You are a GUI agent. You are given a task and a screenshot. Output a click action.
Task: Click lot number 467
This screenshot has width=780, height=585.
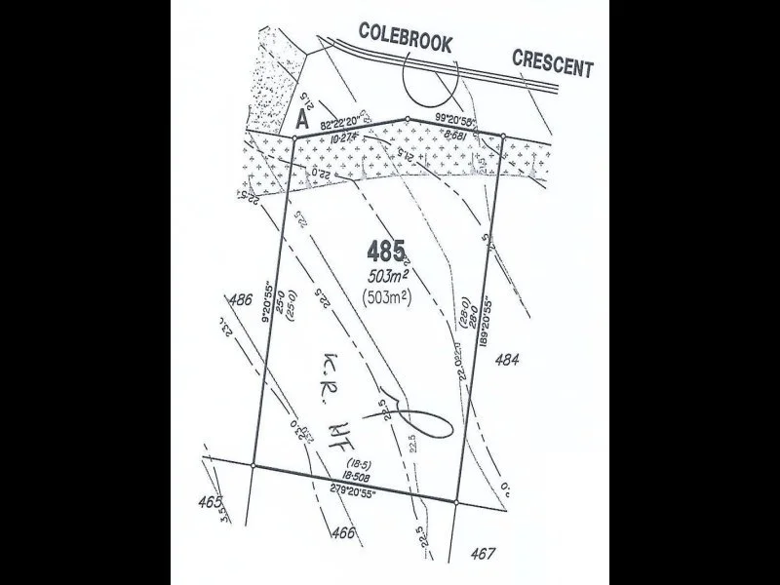(481, 553)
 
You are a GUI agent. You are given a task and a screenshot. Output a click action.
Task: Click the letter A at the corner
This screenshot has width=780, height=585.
(302, 121)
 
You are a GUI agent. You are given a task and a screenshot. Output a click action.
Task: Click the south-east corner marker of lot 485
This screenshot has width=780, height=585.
(456, 502)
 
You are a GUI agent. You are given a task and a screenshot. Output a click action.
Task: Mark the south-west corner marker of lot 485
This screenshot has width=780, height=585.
(253, 466)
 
